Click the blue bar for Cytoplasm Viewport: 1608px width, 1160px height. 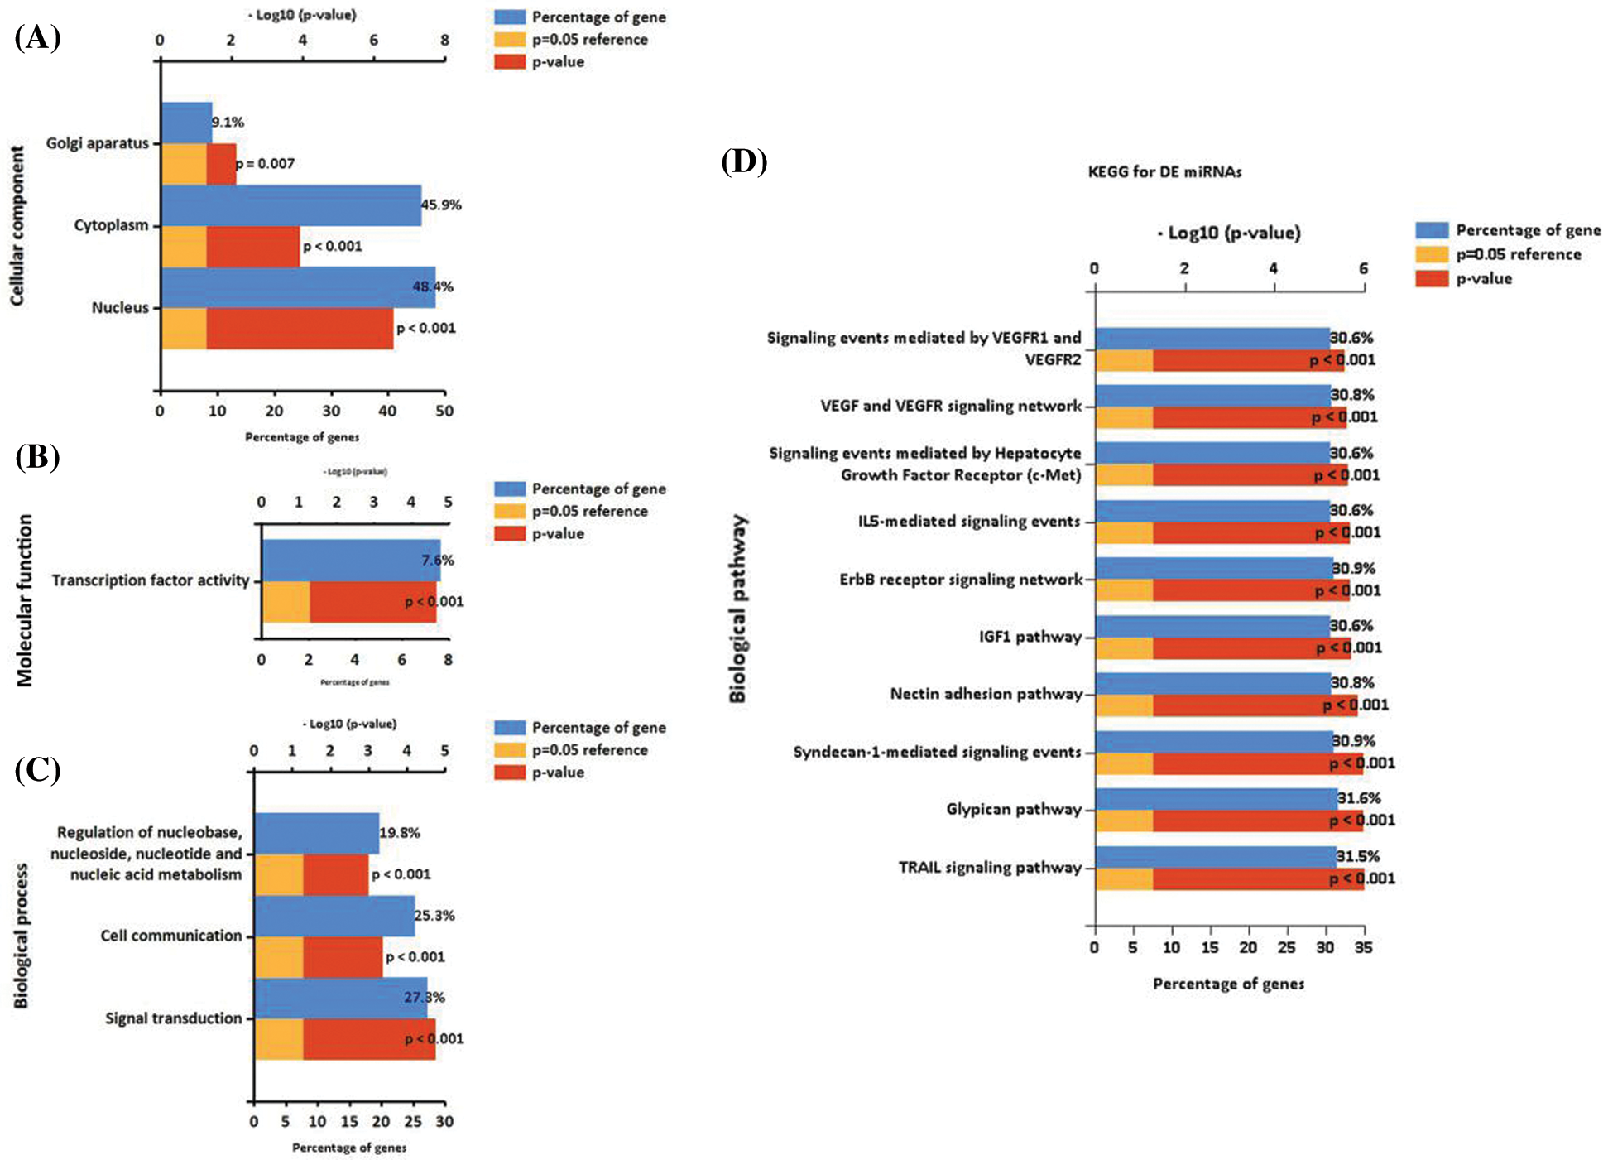pyautogui.click(x=290, y=205)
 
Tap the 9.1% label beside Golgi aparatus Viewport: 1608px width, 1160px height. pyautogui.click(x=228, y=123)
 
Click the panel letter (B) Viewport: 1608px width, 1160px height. pyautogui.click(x=37, y=457)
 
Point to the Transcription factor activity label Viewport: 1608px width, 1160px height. pyautogui.click(x=151, y=580)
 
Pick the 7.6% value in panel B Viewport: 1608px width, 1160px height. pyautogui.click(x=437, y=561)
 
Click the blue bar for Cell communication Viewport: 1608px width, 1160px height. pyautogui.click(x=334, y=916)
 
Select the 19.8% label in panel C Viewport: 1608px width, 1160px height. pyautogui.click(x=400, y=833)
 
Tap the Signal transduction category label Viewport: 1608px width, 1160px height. pyautogui.click(x=174, y=1018)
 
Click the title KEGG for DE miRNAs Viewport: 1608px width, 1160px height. pyautogui.click(x=1164, y=172)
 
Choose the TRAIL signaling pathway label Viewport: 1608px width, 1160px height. pyautogui.click(x=990, y=868)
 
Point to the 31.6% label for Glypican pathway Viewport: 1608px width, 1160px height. pyautogui.click(x=1359, y=799)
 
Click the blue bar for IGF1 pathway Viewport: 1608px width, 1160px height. pyautogui.click(x=1212, y=627)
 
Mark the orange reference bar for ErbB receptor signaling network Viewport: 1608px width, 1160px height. pyautogui.click(x=1124, y=590)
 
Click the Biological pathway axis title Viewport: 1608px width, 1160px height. pyautogui.click(x=737, y=609)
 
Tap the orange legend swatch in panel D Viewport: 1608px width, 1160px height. pyautogui.click(x=1432, y=255)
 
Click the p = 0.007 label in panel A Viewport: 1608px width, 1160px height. pyautogui.click(x=266, y=164)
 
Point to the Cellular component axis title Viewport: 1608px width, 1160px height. pyautogui.click(x=17, y=225)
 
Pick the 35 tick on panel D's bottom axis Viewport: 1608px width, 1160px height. pyautogui.click(x=1363, y=947)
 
